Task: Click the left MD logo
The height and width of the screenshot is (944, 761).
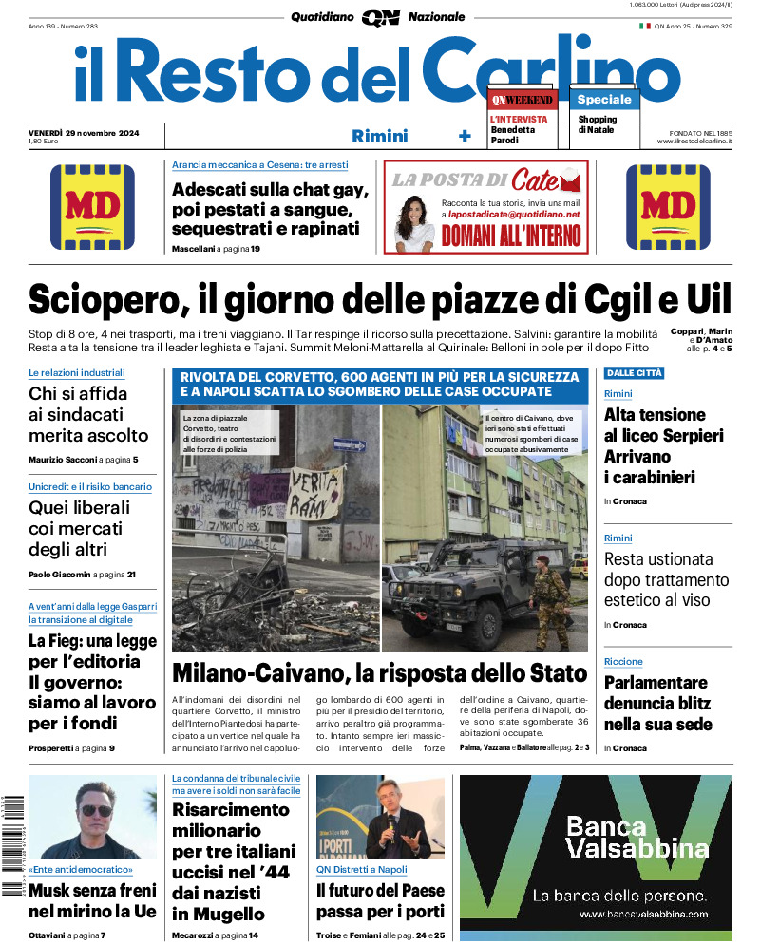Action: point(93,207)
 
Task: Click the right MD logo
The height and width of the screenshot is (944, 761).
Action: point(668,207)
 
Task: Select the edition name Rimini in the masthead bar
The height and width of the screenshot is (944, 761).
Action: point(379,136)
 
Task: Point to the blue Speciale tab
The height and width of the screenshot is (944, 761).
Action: point(603,99)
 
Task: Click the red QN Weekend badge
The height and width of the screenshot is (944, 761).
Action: point(522,99)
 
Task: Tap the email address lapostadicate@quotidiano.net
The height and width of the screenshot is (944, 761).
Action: point(515,215)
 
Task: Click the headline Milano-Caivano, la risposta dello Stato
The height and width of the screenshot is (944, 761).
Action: point(379,673)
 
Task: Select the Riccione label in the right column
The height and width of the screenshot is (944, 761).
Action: point(623,661)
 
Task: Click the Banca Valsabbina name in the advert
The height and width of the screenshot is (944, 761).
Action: point(637,836)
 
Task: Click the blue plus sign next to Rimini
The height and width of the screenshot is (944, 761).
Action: point(465,136)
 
